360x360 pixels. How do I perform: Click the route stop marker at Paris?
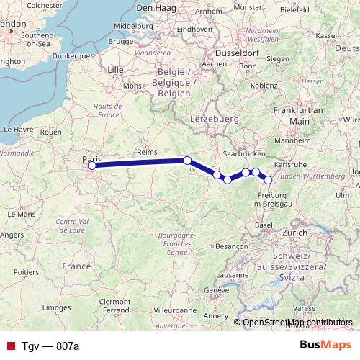(x=91, y=166)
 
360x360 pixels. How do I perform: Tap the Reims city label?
(x=146, y=152)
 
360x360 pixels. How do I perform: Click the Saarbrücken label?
(x=241, y=154)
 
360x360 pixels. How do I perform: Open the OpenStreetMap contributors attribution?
(x=297, y=322)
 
